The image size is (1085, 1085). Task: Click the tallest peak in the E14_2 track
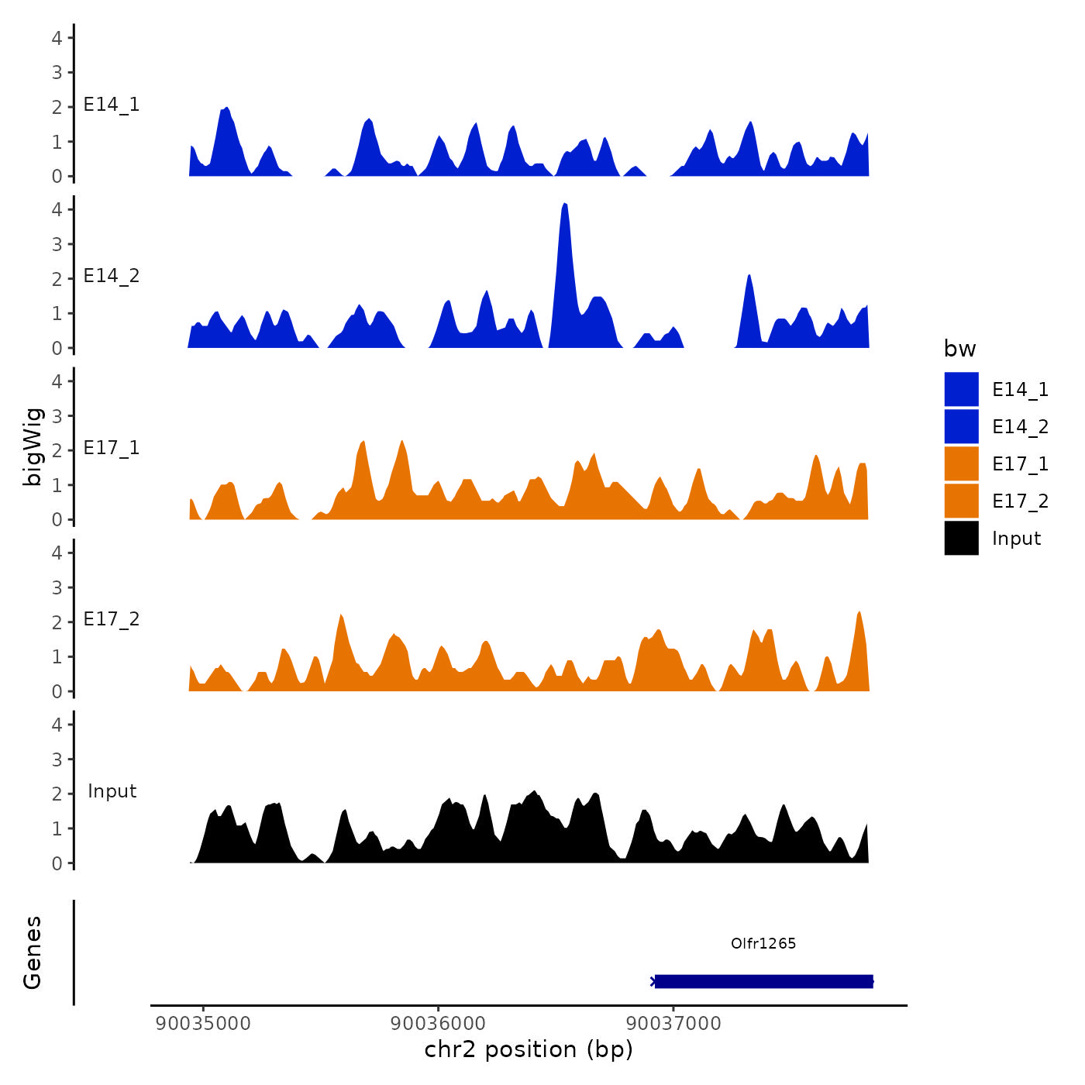click(565, 206)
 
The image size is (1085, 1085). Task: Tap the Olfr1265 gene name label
click(763, 943)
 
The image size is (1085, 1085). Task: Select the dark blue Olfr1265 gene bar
click(763, 981)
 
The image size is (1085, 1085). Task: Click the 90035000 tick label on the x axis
click(203, 1023)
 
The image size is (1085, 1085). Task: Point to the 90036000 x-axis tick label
click(439, 1023)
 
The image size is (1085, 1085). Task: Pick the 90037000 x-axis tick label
click(673, 1023)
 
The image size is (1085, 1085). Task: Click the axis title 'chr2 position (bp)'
click(529, 1049)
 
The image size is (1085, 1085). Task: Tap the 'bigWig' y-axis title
click(33, 447)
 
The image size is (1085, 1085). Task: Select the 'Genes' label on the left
click(33, 952)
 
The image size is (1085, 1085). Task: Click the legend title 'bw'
click(959, 349)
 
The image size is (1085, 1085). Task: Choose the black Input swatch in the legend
click(961, 538)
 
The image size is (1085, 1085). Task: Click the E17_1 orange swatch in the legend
click(961, 463)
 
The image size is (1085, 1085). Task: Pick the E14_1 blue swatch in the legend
click(961, 389)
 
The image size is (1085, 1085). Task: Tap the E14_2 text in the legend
click(1020, 426)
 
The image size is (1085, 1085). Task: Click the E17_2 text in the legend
click(1020, 501)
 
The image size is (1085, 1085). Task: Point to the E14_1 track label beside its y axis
click(112, 105)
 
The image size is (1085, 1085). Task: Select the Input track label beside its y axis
click(112, 791)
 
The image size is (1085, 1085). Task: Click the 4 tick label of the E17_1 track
click(57, 381)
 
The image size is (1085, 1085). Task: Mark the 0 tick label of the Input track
click(57, 863)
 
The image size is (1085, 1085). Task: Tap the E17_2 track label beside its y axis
click(112, 619)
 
